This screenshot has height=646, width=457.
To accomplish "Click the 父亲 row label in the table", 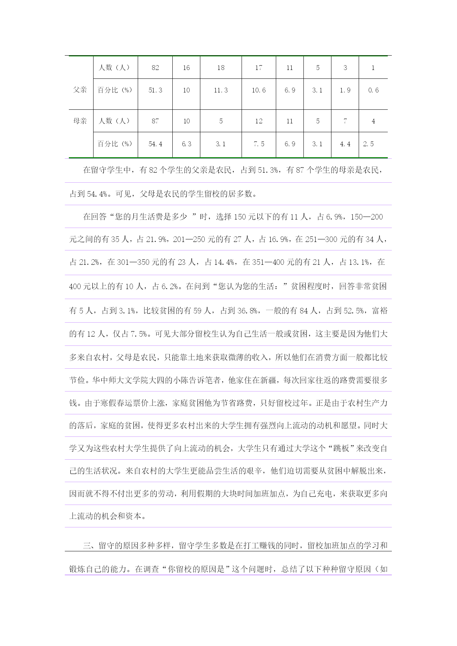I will (80, 90).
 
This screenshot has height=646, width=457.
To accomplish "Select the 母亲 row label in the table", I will (80, 121).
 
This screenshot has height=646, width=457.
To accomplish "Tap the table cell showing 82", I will (155, 68).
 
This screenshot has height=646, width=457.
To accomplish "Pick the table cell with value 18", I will (221, 68).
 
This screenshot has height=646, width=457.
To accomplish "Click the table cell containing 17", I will (259, 68).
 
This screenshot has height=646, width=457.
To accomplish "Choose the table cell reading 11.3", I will (221, 90).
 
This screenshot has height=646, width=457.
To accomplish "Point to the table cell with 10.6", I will (259, 90).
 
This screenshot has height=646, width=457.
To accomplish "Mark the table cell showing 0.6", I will (373, 90).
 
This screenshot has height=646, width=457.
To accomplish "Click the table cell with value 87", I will (155, 121).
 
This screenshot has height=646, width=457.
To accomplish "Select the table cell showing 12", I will (259, 121).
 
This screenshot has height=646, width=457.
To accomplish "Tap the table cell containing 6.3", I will (186, 144).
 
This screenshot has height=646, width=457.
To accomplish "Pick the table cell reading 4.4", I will (345, 144).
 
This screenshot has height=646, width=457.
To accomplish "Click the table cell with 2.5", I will (368, 144).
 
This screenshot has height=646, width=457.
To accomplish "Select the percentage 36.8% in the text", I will (247, 311).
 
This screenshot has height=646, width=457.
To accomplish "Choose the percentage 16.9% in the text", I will (278, 239).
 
